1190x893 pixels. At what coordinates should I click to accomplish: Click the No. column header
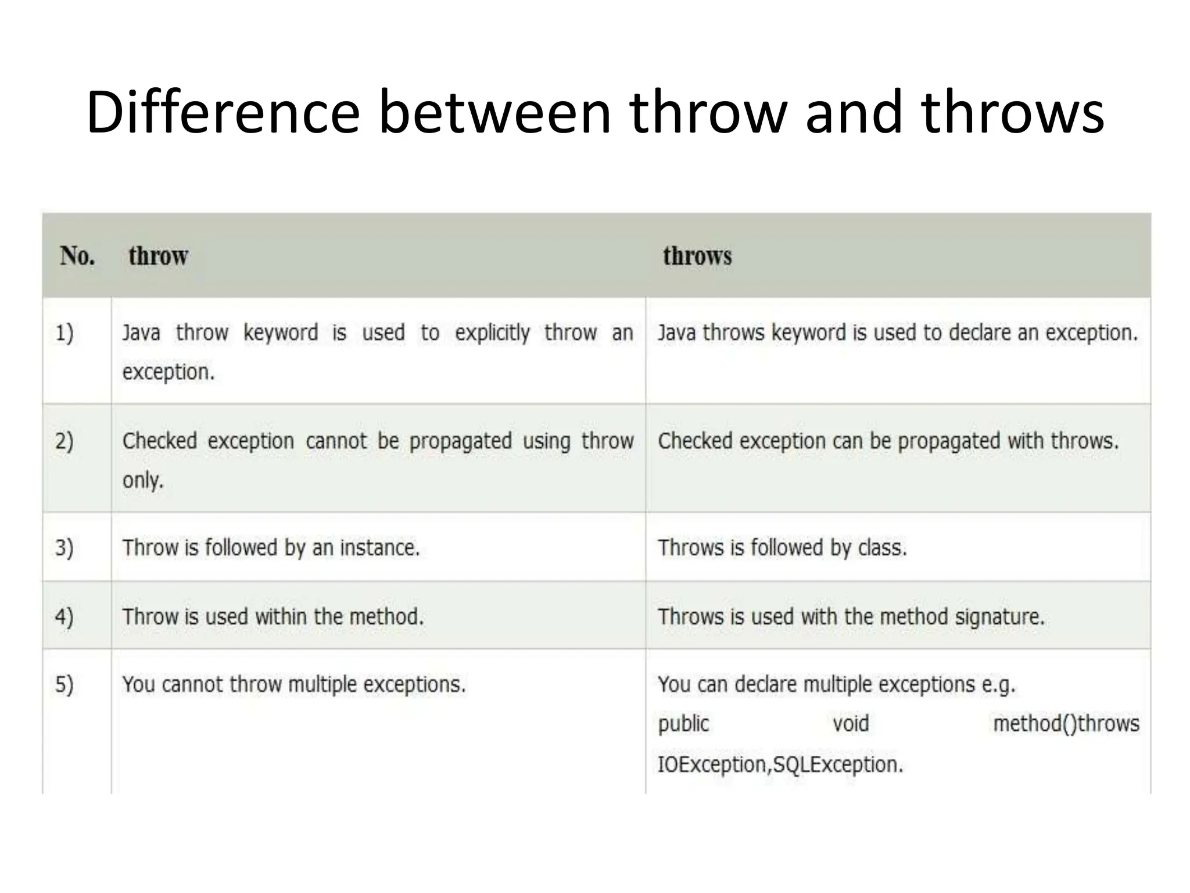[x=77, y=256]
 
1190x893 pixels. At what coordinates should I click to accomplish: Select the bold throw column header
[x=158, y=256]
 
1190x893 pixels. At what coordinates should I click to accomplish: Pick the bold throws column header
[x=697, y=256]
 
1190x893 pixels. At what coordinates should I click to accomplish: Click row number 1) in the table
[x=64, y=334]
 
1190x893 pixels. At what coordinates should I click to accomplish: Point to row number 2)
[x=64, y=441]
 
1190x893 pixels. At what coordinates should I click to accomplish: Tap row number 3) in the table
[x=64, y=548]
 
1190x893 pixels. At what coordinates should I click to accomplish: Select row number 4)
[x=64, y=616]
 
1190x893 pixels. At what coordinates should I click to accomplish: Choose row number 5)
[x=64, y=684]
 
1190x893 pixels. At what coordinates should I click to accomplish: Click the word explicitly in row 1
[x=492, y=333]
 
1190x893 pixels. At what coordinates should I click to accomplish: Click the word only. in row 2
[x=143, y=480]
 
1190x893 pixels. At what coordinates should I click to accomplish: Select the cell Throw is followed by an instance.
[x=271, y=548]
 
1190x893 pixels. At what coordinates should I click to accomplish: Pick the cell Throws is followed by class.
[x=782, y=548]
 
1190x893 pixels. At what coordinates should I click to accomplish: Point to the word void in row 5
[x=851, y=724]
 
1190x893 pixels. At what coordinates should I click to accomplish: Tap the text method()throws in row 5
[x=1066, y=724]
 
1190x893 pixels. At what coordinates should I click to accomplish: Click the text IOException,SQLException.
[x=780, y=764]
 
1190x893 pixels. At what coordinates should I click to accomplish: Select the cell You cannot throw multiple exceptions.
[x=294, y=684]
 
